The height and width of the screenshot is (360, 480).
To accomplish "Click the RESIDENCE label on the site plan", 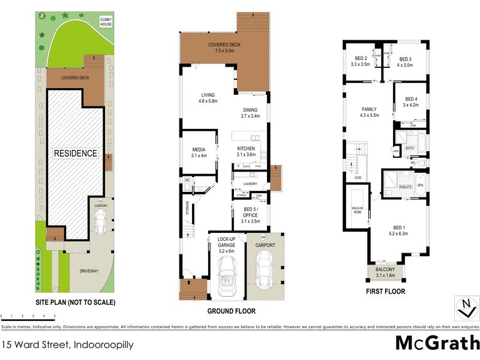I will click(76, 153).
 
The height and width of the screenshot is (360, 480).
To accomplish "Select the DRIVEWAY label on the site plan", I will click(88, 271).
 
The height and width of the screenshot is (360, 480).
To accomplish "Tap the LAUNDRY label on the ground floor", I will click(250, 184).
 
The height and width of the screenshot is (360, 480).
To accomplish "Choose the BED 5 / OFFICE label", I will click(250, 215).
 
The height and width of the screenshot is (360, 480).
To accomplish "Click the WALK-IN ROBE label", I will click(357, 210).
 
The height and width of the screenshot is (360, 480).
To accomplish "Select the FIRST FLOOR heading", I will click(386, 292).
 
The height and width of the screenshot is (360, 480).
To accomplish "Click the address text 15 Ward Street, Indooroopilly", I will click(67, 344).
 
